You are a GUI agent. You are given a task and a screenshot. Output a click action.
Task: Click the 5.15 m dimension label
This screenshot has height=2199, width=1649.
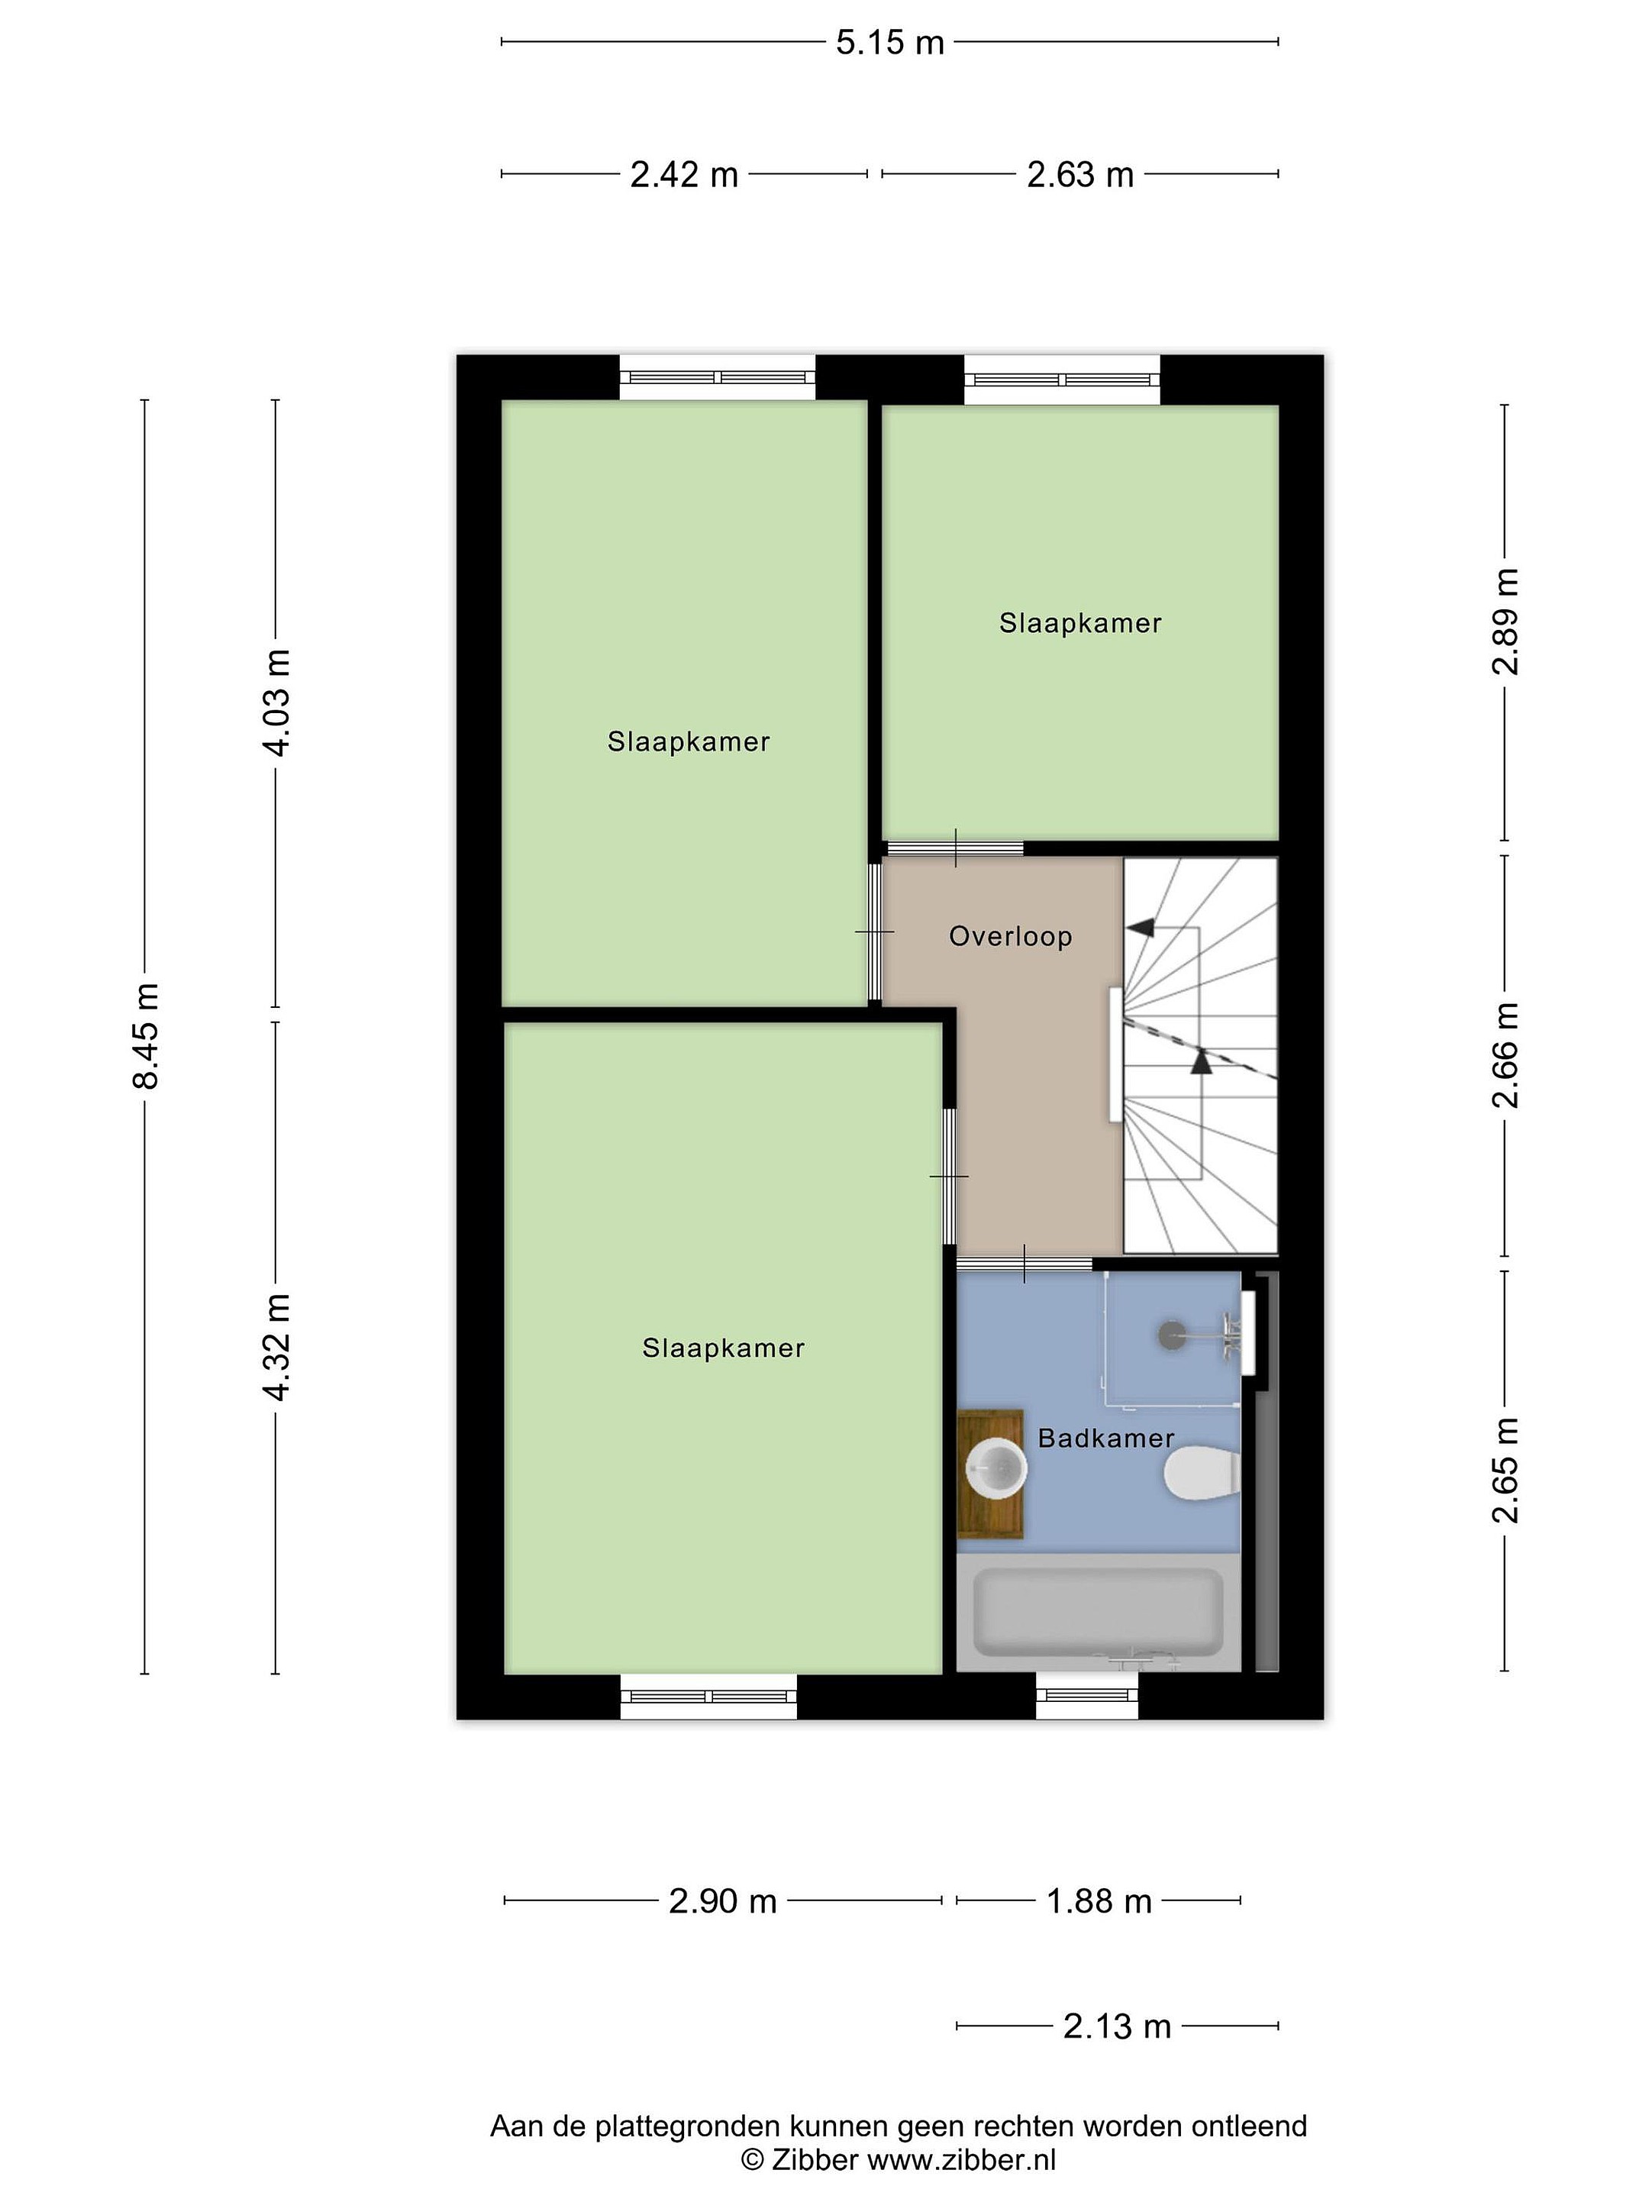click(x=889, y=43)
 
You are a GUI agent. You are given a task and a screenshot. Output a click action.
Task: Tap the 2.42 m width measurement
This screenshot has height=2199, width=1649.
click(x=684, y=175)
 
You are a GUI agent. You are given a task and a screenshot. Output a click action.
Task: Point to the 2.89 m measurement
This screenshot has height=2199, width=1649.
click(x=1505, y=622)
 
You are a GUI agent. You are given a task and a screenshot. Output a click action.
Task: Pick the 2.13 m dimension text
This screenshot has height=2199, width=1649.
click(x=1117, y=2026)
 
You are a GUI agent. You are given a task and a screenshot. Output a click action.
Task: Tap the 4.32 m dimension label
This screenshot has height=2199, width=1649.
click(x=276, y=1347)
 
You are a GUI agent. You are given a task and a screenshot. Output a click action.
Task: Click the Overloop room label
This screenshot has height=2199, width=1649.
click(x=1010, y=936)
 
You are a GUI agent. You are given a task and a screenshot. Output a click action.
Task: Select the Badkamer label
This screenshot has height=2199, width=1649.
click(x=1105, y=1438)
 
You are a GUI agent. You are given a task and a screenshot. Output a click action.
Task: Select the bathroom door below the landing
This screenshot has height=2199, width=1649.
click(x=1025, y=1264)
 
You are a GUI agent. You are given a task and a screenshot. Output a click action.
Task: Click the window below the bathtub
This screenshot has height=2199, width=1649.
click(x=1087, y=1695)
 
